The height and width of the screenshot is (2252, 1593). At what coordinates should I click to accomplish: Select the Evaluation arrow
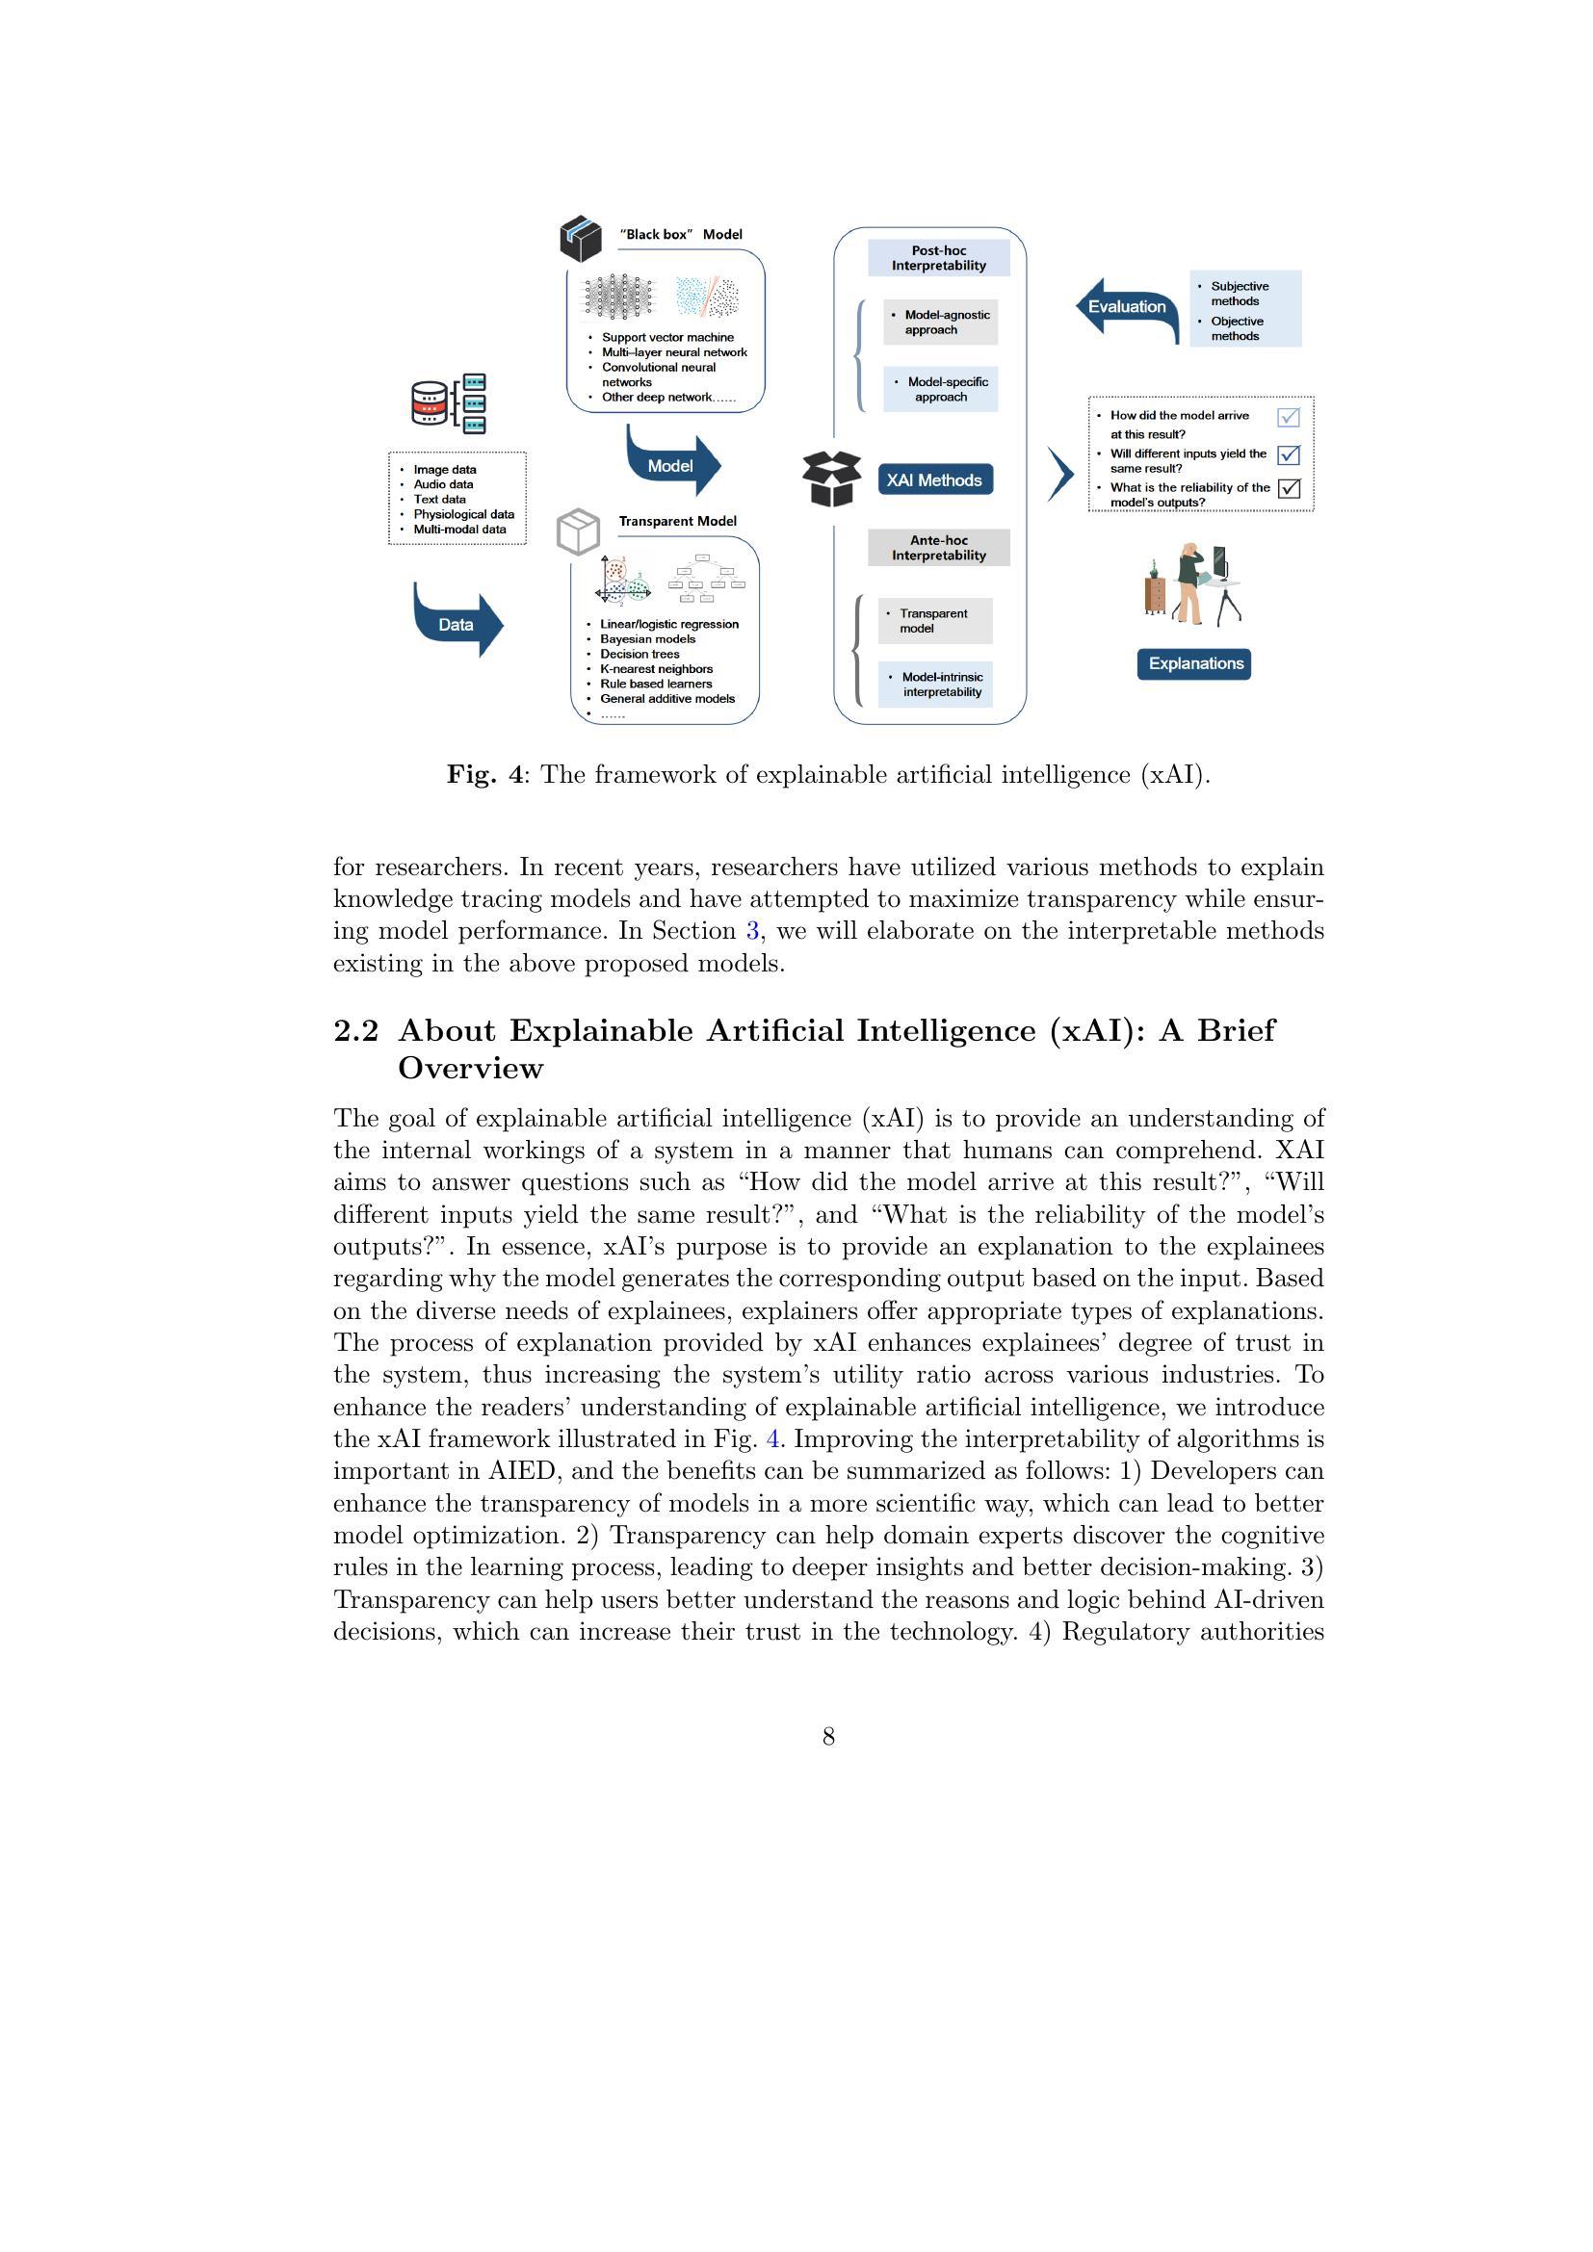tap(1127, 307)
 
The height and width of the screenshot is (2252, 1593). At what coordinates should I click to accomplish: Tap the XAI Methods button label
tap(934, 479)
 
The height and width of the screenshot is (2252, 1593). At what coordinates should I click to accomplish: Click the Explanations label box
tap(1194, 664)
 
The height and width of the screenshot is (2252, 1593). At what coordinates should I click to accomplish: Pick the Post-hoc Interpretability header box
tap(939, 258)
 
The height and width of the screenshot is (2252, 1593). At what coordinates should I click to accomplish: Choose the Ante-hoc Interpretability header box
tap(939, 547)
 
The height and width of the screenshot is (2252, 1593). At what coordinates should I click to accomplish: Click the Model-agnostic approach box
tap(941, 323)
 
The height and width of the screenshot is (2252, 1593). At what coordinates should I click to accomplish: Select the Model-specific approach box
tap(941, 389)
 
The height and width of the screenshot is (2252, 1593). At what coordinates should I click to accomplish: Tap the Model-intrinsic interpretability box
tap(936, 685)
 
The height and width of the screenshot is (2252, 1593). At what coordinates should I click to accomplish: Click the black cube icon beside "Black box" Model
tap(581, 239)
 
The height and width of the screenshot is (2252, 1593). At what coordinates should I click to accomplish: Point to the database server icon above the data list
tap(449, 403)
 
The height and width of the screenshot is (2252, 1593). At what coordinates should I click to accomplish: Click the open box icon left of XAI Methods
tap(831, 479)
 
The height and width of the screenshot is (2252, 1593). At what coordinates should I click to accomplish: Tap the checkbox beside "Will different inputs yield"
tap(1289, 455)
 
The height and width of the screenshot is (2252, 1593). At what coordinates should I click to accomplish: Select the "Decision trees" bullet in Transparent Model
tap(640, 654)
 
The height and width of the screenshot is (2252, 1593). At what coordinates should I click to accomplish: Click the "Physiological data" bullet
tap(463, 514)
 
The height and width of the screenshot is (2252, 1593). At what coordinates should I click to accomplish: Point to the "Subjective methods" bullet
tap(1239, 294)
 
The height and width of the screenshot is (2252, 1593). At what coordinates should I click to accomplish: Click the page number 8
tap(829, 1737)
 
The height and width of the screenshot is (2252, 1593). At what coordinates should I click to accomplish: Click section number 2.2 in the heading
tap(355, 1031)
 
